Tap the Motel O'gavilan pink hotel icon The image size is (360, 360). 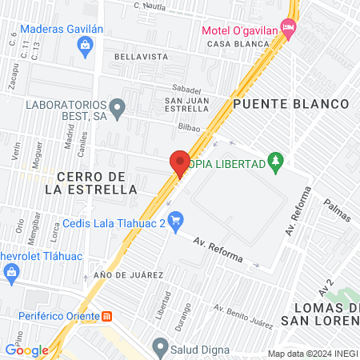[289, 30]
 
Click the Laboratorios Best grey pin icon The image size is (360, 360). [118, 106]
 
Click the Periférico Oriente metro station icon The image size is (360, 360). [119, 314]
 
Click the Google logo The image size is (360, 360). [26, 350]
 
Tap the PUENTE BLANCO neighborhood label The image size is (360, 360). [291, 104]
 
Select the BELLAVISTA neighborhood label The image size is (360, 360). [141, 57]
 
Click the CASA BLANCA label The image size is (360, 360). [236, 44]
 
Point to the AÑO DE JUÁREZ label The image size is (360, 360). [128, 275]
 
